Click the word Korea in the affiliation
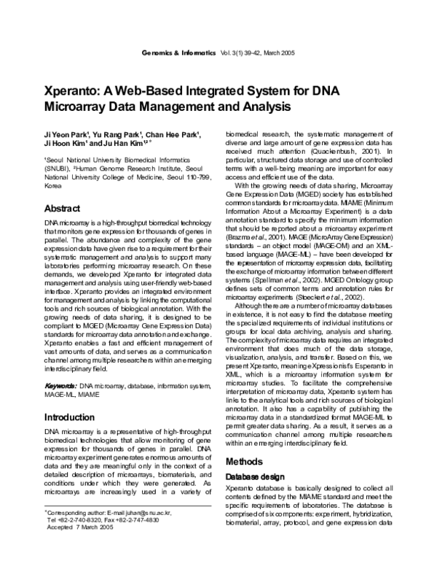pyautogui.click(x=53, y=186)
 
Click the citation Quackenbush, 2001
pyautogui.click(x=342, y=152)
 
